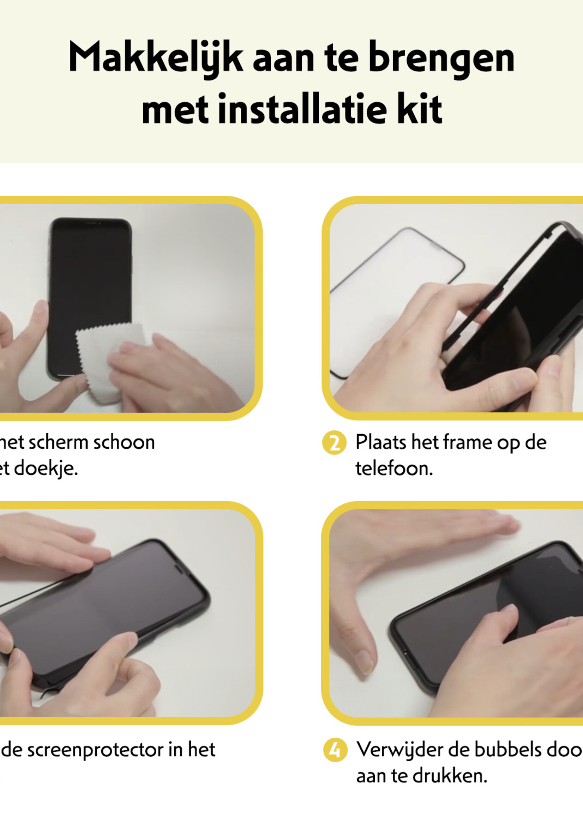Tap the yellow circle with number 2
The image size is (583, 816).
click(334, 443)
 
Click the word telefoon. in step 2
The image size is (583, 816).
click(394, 469)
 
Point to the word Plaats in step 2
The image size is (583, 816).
click(380, 442)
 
